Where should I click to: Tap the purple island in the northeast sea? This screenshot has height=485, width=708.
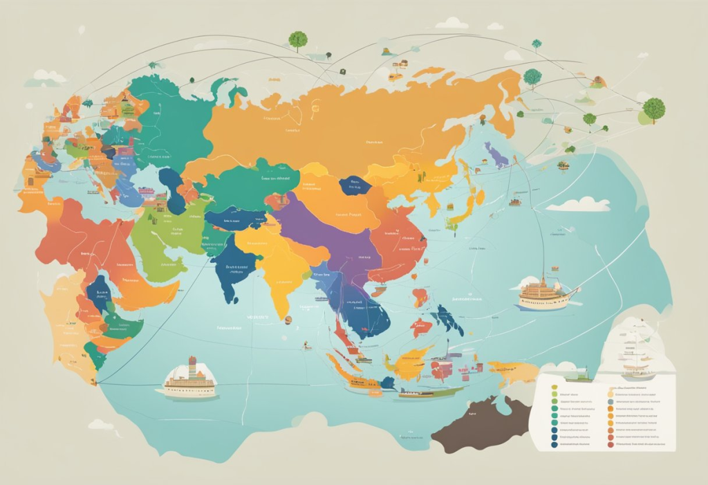496,155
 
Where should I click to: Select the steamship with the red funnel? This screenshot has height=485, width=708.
189,379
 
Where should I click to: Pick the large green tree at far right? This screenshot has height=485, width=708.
653,109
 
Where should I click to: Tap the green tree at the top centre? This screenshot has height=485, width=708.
298,39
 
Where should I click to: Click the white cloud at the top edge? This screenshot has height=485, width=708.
452,24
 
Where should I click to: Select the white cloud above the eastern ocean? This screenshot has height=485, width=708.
579,204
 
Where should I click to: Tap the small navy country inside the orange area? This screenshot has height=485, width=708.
355,185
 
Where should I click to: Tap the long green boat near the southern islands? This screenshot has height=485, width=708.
429,392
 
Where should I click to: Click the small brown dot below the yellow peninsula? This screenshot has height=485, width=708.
288,319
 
